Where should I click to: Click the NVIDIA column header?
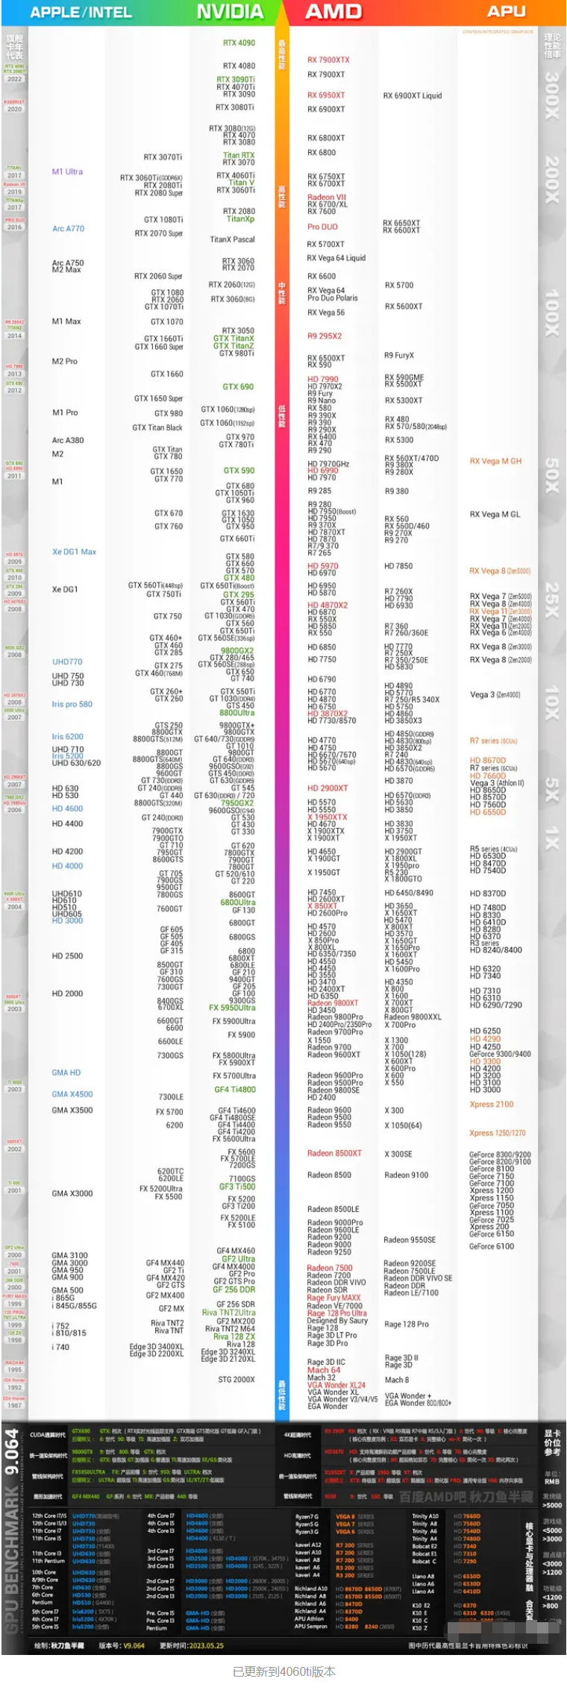pyautogui.click(x=230, y=12)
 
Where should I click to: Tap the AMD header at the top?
pyautogui.click(x=333, y=12)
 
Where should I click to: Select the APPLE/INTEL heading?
pyautogui.click(x=81, y=12)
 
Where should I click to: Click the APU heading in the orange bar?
pyautogui.click(x=507, y=11)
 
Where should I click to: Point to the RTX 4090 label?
pyautogui.click(x=239, y=43)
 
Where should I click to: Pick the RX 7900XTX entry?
pyautogui.click(x=328, y=60)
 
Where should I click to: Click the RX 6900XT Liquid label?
pyautogui.click(x=413, y=95)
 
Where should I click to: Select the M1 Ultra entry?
pyautogui.click(x=67, y=172)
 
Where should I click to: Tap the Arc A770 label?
pyautogui.click(x=68, y=228)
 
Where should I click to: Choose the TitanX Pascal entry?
pyautogui.click(x=232, y=239)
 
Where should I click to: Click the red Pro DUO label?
pyautogui.click(x=322, y=227)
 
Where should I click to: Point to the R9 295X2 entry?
pyautogui.click(x=325, y=336)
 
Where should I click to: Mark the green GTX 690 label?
pyautogui.click(x=238, y=386)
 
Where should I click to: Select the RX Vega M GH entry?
pyautogui.click(x=495, y=461)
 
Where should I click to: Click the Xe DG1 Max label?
pyautogui.click(x=74, y=552)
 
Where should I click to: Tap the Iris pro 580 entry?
pyautogui.click(x=72, y=703)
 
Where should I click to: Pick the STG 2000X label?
pyautogui.click(x=236, y=1379)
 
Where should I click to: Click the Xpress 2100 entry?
pyautogui.click(x=492, y=1104)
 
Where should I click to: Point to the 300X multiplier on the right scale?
pyautogui.click(x=551, y=95)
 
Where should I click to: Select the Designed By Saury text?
pyautogui.click(x=337, y=1319)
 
